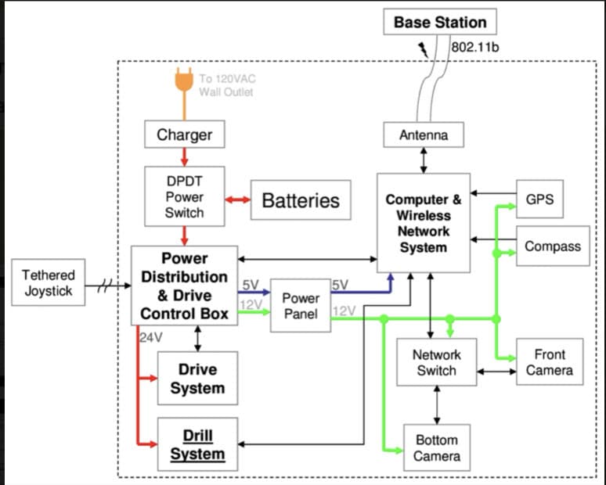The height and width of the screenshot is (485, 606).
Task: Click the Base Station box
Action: pyautogui.click(x=439, y=22)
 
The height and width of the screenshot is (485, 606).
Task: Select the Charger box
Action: pyautogui.click(x=184, y=135)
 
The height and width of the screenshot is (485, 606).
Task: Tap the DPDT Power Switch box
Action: pyautogui.click(x=184, y=196)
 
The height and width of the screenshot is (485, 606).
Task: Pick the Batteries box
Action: pyautogui.click(x=300, y=200)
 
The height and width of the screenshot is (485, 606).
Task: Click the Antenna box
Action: pyautogui.click(x=424, y=135)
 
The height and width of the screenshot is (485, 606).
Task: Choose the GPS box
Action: pyautogui.click(x=539, y=199)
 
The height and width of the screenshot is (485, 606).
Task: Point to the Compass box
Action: pyautogui.click(x=553, y=246)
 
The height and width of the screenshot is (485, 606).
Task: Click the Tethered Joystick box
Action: pyautogui.click(x=48, y=283)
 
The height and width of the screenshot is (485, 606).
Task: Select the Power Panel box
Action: pyautogui.click(x=301, y=306)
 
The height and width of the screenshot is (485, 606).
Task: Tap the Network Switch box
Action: pyautogui.click(x=436, y=362)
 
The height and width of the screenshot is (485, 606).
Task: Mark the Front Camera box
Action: pyautogui.click(x=549, y=362)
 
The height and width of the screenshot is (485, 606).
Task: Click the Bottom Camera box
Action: pyautogui.click(x=436, y=447)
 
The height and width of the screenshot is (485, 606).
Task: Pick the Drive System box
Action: pyautogui.click(x=197, y=379)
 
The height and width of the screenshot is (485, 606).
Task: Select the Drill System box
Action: pyautogui.click(x=197, y=444)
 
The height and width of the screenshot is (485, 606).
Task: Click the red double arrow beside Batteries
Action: pyautogui.click(x=236, y=200)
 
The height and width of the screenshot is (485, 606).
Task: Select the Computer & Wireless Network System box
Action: pyautogui.click(x=424, y=224)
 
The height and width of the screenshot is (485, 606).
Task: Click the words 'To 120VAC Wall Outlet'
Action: pyautogui.click(x=226, y=84)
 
